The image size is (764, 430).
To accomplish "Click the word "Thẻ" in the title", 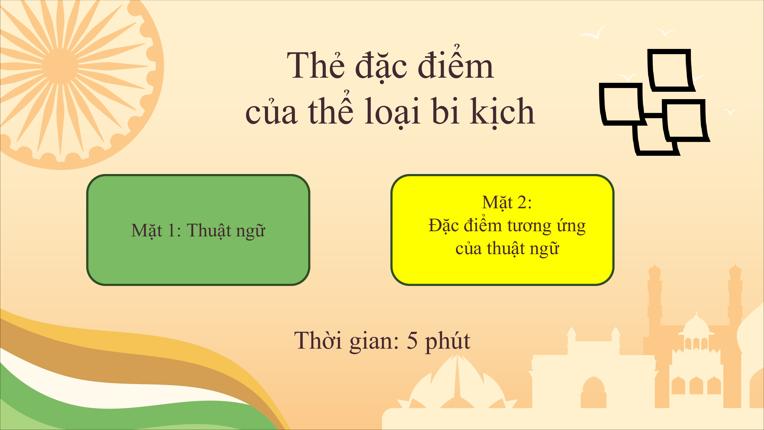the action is point(316,65).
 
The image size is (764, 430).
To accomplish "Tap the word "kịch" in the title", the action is point(502,112).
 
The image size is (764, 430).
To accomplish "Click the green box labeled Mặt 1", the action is point(198,230).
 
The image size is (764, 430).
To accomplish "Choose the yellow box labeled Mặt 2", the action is point(502,230).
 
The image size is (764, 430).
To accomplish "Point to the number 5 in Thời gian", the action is point(412,340).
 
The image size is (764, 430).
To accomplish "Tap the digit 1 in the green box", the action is point(171,230).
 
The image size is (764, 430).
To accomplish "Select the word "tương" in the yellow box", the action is point(529,226).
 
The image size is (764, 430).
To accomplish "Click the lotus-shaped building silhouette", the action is point(457,382).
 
